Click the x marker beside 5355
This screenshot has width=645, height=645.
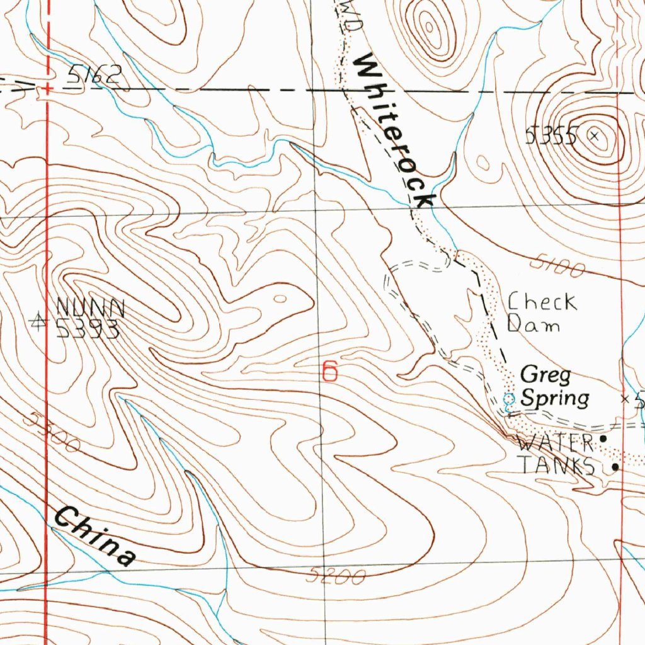(595, 134)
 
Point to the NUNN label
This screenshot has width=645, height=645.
(91, 308)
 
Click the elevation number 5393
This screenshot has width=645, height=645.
(88, 328)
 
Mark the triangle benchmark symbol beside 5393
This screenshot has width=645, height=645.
(40, 322)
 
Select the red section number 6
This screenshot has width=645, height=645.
(329, 370)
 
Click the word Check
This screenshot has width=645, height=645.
(542, 302)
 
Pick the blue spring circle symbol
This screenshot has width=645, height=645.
(510, 397)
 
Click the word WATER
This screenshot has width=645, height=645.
(555, 442)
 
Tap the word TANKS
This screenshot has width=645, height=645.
(556, 465)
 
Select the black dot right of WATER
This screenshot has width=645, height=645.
(603, 438)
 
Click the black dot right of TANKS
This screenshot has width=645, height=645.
(615, 467)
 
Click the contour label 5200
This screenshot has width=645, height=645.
(338, 576)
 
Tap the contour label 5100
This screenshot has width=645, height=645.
(557, 267)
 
